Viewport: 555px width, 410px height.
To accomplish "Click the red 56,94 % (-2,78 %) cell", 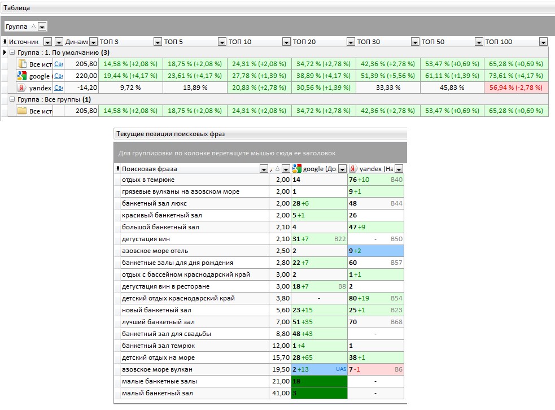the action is pyautogui.click(x=516, y=88).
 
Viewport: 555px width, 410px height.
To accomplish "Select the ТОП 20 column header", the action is pyautogui.click(x=304, y=42).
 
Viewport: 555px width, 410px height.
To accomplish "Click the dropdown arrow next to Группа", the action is pyautogui.click(x=42, y=27).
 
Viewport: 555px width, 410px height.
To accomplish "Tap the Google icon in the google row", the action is pyautogui.click(x=22, y=76).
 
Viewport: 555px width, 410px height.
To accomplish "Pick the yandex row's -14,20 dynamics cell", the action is pyautogui.click(x=87, y=88).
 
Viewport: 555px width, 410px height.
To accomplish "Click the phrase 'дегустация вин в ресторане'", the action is pyautogui.click(x=165, y=286).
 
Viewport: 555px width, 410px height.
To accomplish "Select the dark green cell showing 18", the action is pyautogui.click(x=319, y=381).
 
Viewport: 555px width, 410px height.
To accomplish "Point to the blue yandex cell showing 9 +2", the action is pyautogui.click(x=375, y=251).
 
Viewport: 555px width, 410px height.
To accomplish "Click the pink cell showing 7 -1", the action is pyautogui.click(x=375, y=369).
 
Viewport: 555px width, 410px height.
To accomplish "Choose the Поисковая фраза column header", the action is pyautogui.click(x=150, y=169).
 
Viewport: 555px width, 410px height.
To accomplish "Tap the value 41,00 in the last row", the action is pyautogui.click(x=281, y=393).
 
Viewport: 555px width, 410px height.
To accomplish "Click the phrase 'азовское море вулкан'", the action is pyautogui.click(x=157, y=369).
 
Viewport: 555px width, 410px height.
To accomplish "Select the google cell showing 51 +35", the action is pyautogui.click(x=319, y=322).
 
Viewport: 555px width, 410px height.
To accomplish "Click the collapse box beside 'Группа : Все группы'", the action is pyautogui.click(x=12, y=99).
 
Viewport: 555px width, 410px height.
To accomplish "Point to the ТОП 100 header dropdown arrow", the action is pyautogui.click(x=543, y=42).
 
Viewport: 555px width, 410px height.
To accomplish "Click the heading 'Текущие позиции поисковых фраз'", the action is pyautogui.click(x=171, y=134).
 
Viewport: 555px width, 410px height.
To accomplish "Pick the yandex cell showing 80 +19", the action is pyautogui.click(x=375, y=298).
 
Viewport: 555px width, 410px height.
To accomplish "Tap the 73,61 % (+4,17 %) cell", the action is pyautogui.click(x=516, y=76).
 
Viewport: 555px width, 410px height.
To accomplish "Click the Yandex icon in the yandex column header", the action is pyautogui.click(x=353, y=169).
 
